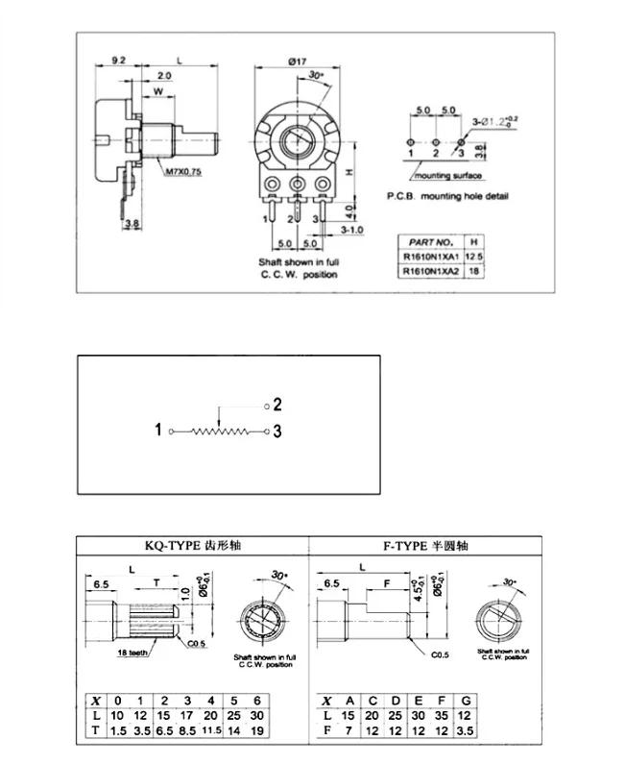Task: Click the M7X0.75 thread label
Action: [x=183, y=172]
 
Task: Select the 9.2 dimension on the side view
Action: [x=118, y=61]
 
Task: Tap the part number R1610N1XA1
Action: [x=429, y=257]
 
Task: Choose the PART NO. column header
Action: [x=429, y=240]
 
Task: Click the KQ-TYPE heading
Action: [x=192, y=546]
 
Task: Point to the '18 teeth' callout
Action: [x=134, y=653]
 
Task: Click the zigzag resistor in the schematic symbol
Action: [x=220, y=432]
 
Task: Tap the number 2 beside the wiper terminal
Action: [x=277, y=405]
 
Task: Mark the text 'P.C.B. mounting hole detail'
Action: [x=447, y=196]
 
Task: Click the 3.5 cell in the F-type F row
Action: [x=466, y=731]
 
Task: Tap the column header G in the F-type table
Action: [x=466, y=700]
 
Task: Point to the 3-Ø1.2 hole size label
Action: [x=493, y=120]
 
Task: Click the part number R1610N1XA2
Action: [x=429, y=272]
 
